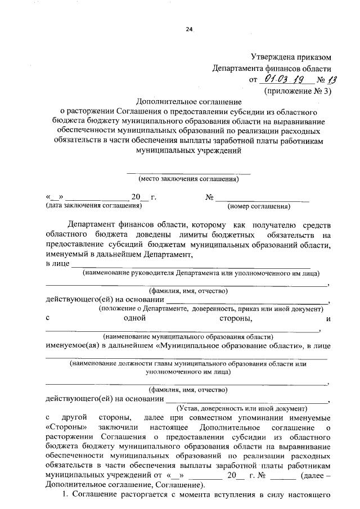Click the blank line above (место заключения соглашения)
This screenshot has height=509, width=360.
point(188,172)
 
